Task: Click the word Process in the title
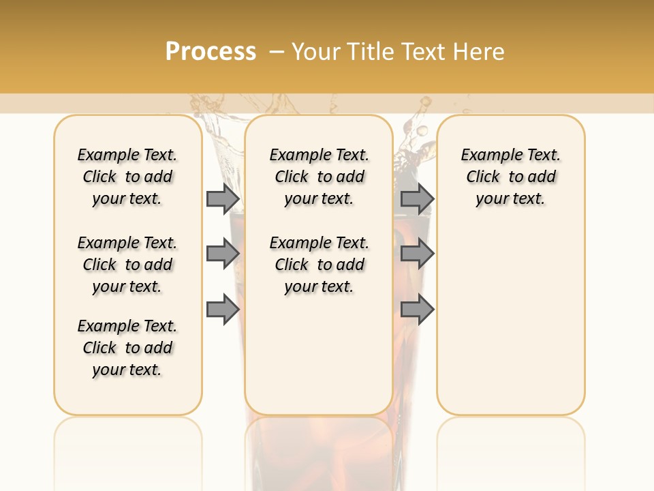(x=211, y=51)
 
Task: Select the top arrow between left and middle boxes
(x=223, y=198)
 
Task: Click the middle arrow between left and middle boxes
(x=223, y=254)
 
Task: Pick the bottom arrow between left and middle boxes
(x=223, y=310)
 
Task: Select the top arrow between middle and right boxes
(x=417, y=198)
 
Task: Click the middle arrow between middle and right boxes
(x=417, y=254)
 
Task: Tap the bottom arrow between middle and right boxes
(x=417, y=310)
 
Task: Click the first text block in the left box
(x=127, y=177)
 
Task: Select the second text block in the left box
(x=127, y=265)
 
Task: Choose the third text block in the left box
(x=127, y=348)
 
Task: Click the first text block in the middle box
(x=319, y=177)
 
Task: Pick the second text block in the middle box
(x=319, y=265)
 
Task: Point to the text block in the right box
(x=510, y=177)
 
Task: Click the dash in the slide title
(x=277, y=52)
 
